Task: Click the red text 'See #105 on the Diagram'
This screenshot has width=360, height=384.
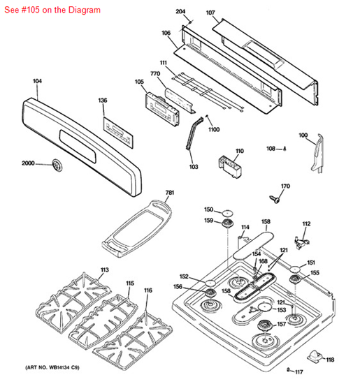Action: (x=52, y=10)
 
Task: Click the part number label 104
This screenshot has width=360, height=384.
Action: (x=37, y=81)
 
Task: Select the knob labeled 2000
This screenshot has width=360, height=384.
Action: (x=57, y=165)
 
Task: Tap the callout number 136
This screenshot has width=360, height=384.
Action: (x=103, y=100)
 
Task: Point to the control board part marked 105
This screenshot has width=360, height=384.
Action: (x=162, y=110)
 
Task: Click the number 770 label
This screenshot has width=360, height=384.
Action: (x=155, y=73)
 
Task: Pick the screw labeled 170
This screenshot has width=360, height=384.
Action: (x=275, y=199)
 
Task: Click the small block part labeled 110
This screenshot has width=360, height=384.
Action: (x=230, y=165)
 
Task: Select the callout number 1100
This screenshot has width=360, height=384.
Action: (x=214, y=129)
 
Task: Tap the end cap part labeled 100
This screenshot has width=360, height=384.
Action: (x=318, y=154)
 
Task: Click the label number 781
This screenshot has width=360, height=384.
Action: (x=170, y=193)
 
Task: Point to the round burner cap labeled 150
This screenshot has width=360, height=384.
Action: (x=228, y=213)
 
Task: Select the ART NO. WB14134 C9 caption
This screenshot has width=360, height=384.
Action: (x=52, y=367)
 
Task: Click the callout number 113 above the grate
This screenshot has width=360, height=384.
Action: (x=105, y=270)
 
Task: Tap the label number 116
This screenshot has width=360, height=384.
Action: (x=148, y=290)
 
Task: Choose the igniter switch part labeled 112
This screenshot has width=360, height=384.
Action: (x=302, y=243)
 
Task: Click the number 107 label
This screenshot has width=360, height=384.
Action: (x=210, y=13)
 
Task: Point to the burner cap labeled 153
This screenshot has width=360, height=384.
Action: (x=265, y=307)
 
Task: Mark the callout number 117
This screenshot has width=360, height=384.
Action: (x=298, y=372)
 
